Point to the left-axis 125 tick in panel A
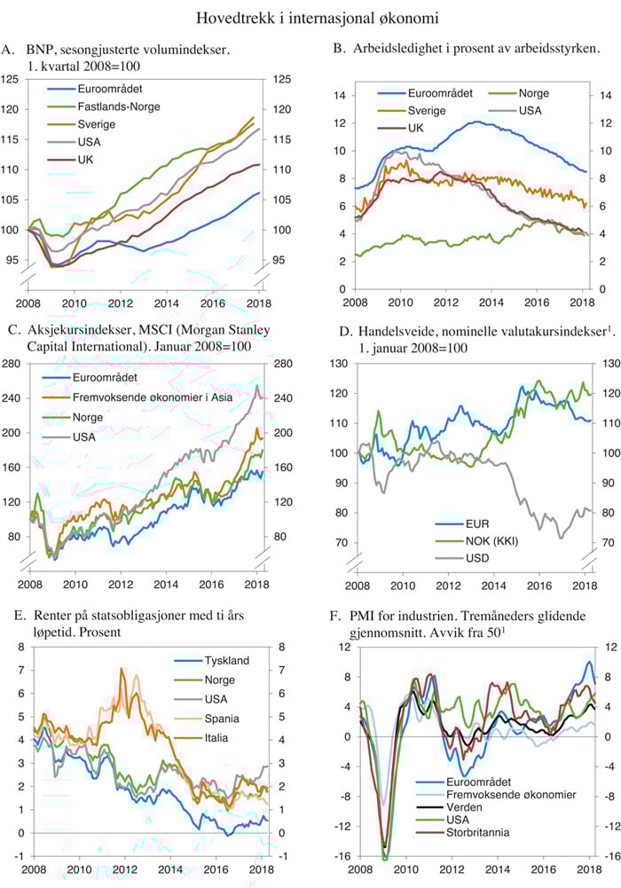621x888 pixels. [x=12, y=80]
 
